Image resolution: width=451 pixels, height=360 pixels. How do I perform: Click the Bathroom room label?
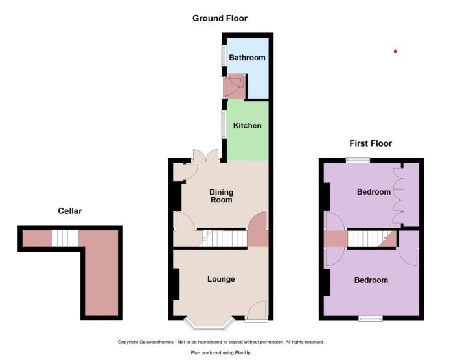pos(247,58)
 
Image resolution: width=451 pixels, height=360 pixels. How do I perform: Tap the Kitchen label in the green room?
pos(247,125)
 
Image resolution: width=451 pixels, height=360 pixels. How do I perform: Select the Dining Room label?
pos(221,197)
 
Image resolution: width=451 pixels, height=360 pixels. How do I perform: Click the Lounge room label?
pos(221,279)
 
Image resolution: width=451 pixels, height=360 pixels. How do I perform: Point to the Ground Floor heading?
pos(220,18)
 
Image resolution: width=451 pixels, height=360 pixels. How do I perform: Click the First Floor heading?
pos(370,143)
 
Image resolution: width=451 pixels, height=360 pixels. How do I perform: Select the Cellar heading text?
pos(70,211)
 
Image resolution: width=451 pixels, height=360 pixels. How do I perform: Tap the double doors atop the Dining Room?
pos(207,156)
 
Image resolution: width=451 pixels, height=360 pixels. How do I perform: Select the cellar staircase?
pos(65,238)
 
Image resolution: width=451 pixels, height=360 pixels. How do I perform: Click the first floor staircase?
pos(370,239)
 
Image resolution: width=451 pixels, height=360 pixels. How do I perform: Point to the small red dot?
pos(395,51)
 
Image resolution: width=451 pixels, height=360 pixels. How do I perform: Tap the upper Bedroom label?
pos(374,192)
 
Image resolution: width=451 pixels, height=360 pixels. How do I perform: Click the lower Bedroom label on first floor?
pos(371,280)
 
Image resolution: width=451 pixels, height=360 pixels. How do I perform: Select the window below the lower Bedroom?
pos(371,318)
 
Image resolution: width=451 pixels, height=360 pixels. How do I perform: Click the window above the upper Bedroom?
pos(355,160)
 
